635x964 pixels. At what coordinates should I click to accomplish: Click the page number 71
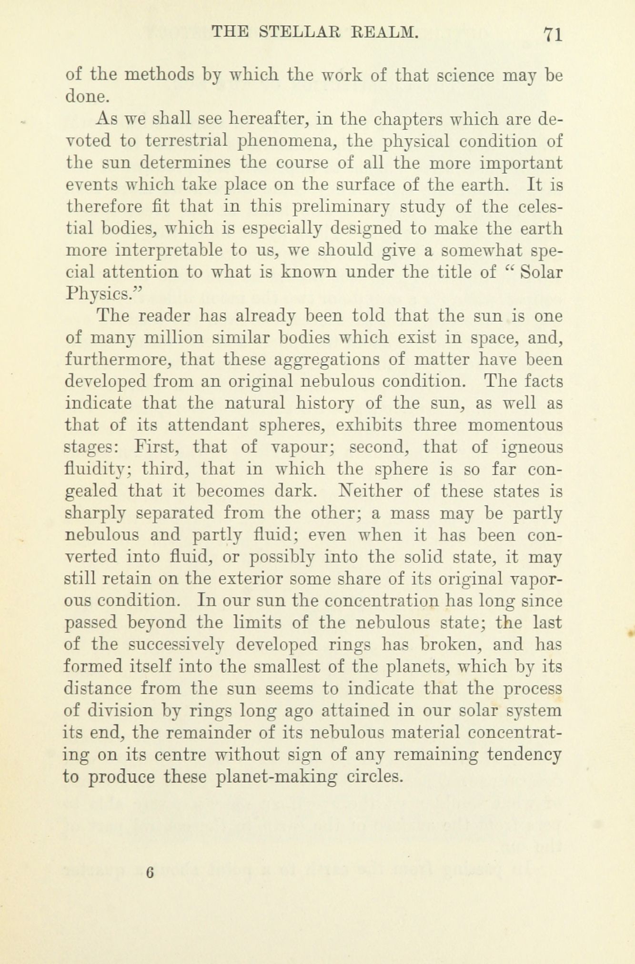pos(553,35)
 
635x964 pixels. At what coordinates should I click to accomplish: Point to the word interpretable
pos(169,251)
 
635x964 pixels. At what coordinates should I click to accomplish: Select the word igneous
pos(532,447)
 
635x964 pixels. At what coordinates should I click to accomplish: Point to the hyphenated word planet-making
pos(276,777)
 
